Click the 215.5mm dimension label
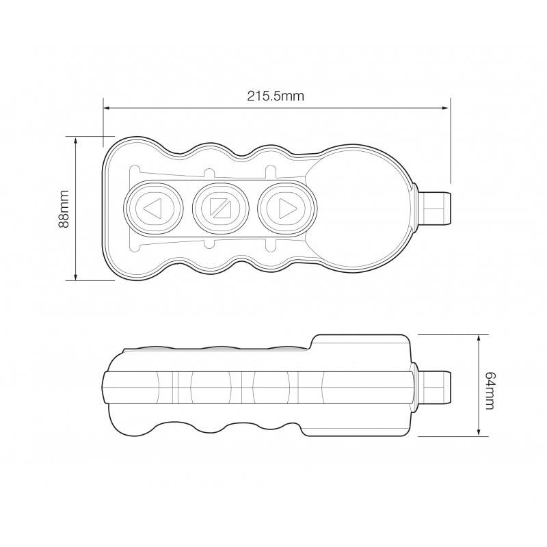point(276,96)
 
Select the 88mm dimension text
point(64,209)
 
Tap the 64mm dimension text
point(489,390)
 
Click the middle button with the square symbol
point(219,207)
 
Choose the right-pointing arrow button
point(285,207)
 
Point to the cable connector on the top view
point(435,208)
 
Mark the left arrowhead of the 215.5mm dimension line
point(107,107)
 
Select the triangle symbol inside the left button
point(152,207)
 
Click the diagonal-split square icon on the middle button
point(219,207)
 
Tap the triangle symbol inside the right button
point(286,207)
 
